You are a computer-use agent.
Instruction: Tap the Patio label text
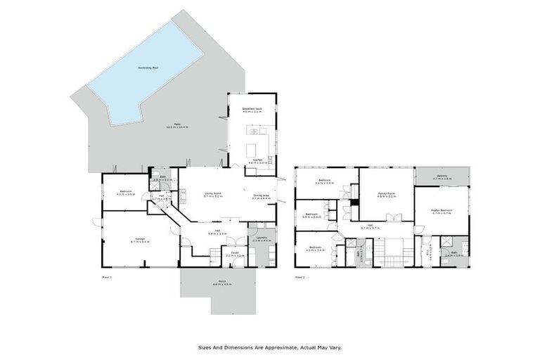pos(177,126)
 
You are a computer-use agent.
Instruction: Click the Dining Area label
pos(261,198)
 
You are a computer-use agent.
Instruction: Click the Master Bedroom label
pos(442,211)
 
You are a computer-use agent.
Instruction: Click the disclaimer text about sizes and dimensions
pos(269,347)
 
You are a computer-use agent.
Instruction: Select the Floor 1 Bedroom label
pos(127,193)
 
